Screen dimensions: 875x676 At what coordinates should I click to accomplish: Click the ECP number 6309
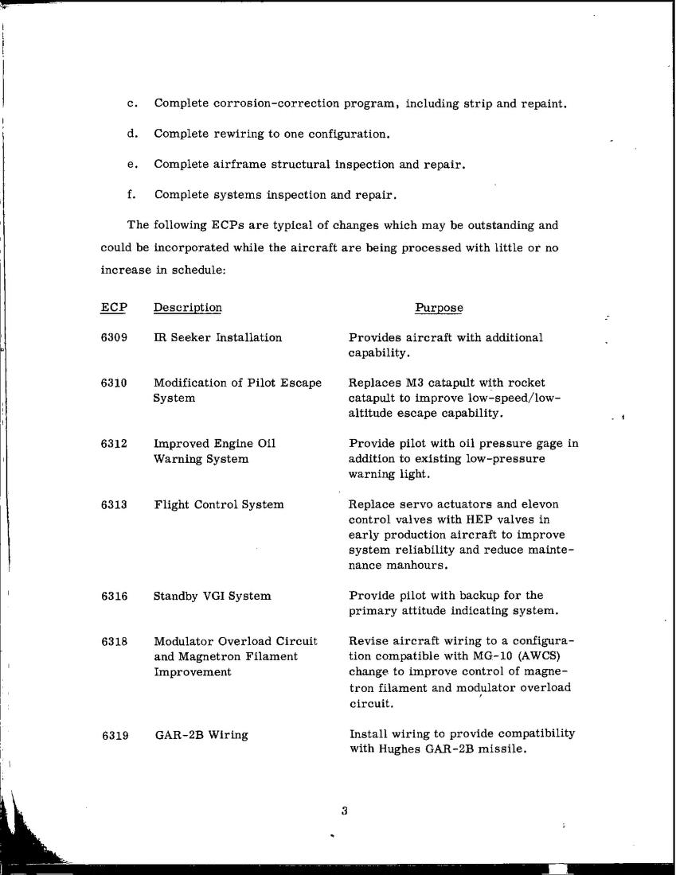click(115, 337)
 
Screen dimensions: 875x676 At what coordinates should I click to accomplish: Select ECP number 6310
click(115, 383)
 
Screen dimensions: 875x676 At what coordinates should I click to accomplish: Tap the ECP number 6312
click(115, 443)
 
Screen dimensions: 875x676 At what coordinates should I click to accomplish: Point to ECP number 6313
click(115, 504)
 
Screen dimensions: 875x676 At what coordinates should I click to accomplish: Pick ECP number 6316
click(115, 596)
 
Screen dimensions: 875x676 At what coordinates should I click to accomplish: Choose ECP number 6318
click(115, 641)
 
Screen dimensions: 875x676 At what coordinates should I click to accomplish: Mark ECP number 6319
click(115, 736)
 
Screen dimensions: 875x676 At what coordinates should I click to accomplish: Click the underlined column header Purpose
click(439, 308)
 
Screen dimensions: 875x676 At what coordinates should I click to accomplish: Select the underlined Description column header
click(188, 308)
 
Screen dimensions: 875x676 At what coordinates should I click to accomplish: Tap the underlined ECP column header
click(114, 308)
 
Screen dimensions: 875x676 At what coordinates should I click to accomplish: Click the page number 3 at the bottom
click(344, 811)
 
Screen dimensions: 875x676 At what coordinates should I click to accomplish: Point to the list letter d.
click(131, 134)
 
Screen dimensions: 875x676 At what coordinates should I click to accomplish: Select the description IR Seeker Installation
click(217, 337)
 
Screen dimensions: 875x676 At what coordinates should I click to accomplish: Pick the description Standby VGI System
click(212, 596)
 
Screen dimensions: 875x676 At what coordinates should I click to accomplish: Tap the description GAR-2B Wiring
click(201, 736)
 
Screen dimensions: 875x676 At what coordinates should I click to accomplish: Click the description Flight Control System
click(219, 504)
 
